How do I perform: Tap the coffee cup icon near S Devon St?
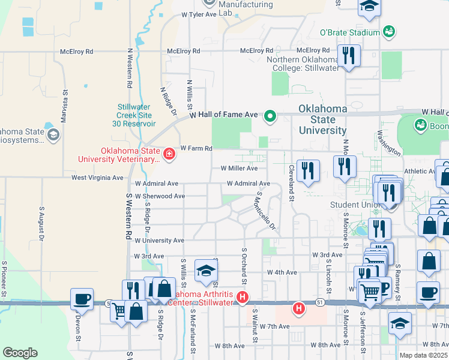pyautogui.click(x=82, y=298)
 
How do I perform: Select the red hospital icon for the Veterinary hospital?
pyautogui.click(x=169, y=154)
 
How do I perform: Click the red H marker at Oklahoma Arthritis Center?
pyautogui.click(x=243, y=297)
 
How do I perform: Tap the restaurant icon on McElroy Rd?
pyautogui.click(x=348, y=56)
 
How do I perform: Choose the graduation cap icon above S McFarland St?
pyautogui.click(x=206, y=271)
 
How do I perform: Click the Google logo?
pyautogui.click(x=20, y=352)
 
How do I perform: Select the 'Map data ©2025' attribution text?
pyautogui.click(x=423, y=355)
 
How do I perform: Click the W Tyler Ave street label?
pyautogui.click(x=198, y=14)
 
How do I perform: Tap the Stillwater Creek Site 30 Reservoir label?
pyautogui.click(x=136, y=115)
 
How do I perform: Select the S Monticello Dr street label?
pyautogui.click(x=265, y=211)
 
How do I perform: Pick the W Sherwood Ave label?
pyautogui.click(x=160, y=196)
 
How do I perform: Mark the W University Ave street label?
pyautogui.click(x=159, y=240)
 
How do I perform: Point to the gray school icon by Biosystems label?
pyautogui.click(x=53, y=134)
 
